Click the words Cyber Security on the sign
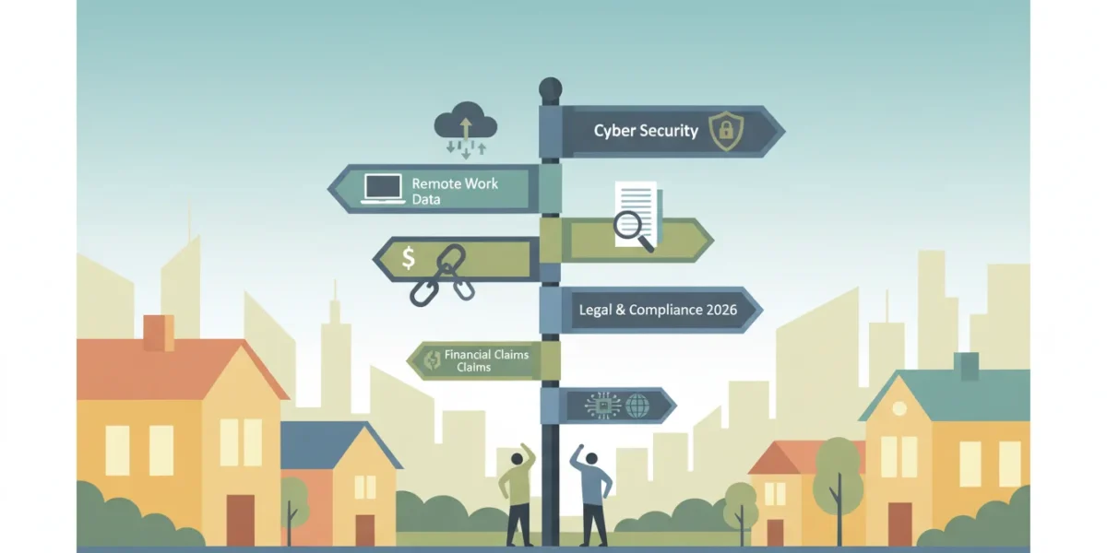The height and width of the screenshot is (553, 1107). point(646,131)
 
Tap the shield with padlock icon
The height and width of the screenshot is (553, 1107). point(726,131)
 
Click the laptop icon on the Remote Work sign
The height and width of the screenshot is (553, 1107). point(383,189)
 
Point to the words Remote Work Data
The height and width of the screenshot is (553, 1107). point(455,191)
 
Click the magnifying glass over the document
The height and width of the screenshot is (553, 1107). point(634,231)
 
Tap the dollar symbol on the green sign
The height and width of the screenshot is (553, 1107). point(408,258)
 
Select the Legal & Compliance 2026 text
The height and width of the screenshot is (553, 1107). point(658,310)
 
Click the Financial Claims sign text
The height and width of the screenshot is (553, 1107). point(486,360)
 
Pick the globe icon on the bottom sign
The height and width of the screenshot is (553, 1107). point(637,406)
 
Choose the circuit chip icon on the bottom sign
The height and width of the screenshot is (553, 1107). point(603,406)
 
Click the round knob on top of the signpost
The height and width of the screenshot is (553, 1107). point(550,89)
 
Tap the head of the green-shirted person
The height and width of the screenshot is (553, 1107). point(517,459)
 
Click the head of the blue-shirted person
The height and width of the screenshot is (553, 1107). point(591,459)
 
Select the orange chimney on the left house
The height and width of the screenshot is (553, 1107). point(159,334)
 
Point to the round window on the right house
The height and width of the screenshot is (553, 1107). point(899,408)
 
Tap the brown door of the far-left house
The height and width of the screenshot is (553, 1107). point(241,520)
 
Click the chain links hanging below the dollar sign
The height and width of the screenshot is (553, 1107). point(444,276)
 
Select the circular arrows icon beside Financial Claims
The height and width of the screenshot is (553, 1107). point(432,360)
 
